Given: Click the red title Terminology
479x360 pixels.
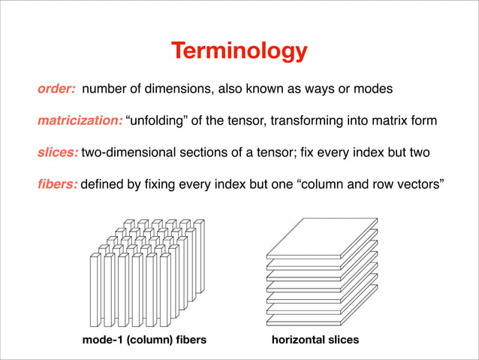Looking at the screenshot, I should pyautogui.click(x=239, y=51).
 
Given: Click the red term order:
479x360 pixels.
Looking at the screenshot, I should pyautogui.click(x=56, y=89).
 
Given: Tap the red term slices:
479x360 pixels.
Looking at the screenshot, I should pyautogui.click(x=58, y=153).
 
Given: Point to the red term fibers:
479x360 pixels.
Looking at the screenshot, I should pyautogui.click(x=57, y=185).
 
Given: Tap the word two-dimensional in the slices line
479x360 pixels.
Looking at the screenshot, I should pyautogui.click(x=125, y=153).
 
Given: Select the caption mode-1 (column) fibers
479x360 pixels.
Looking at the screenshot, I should pyautogui.click(x=144, y=340).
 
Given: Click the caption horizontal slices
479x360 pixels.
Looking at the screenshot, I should pyautogui.click(x=315, y=340).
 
